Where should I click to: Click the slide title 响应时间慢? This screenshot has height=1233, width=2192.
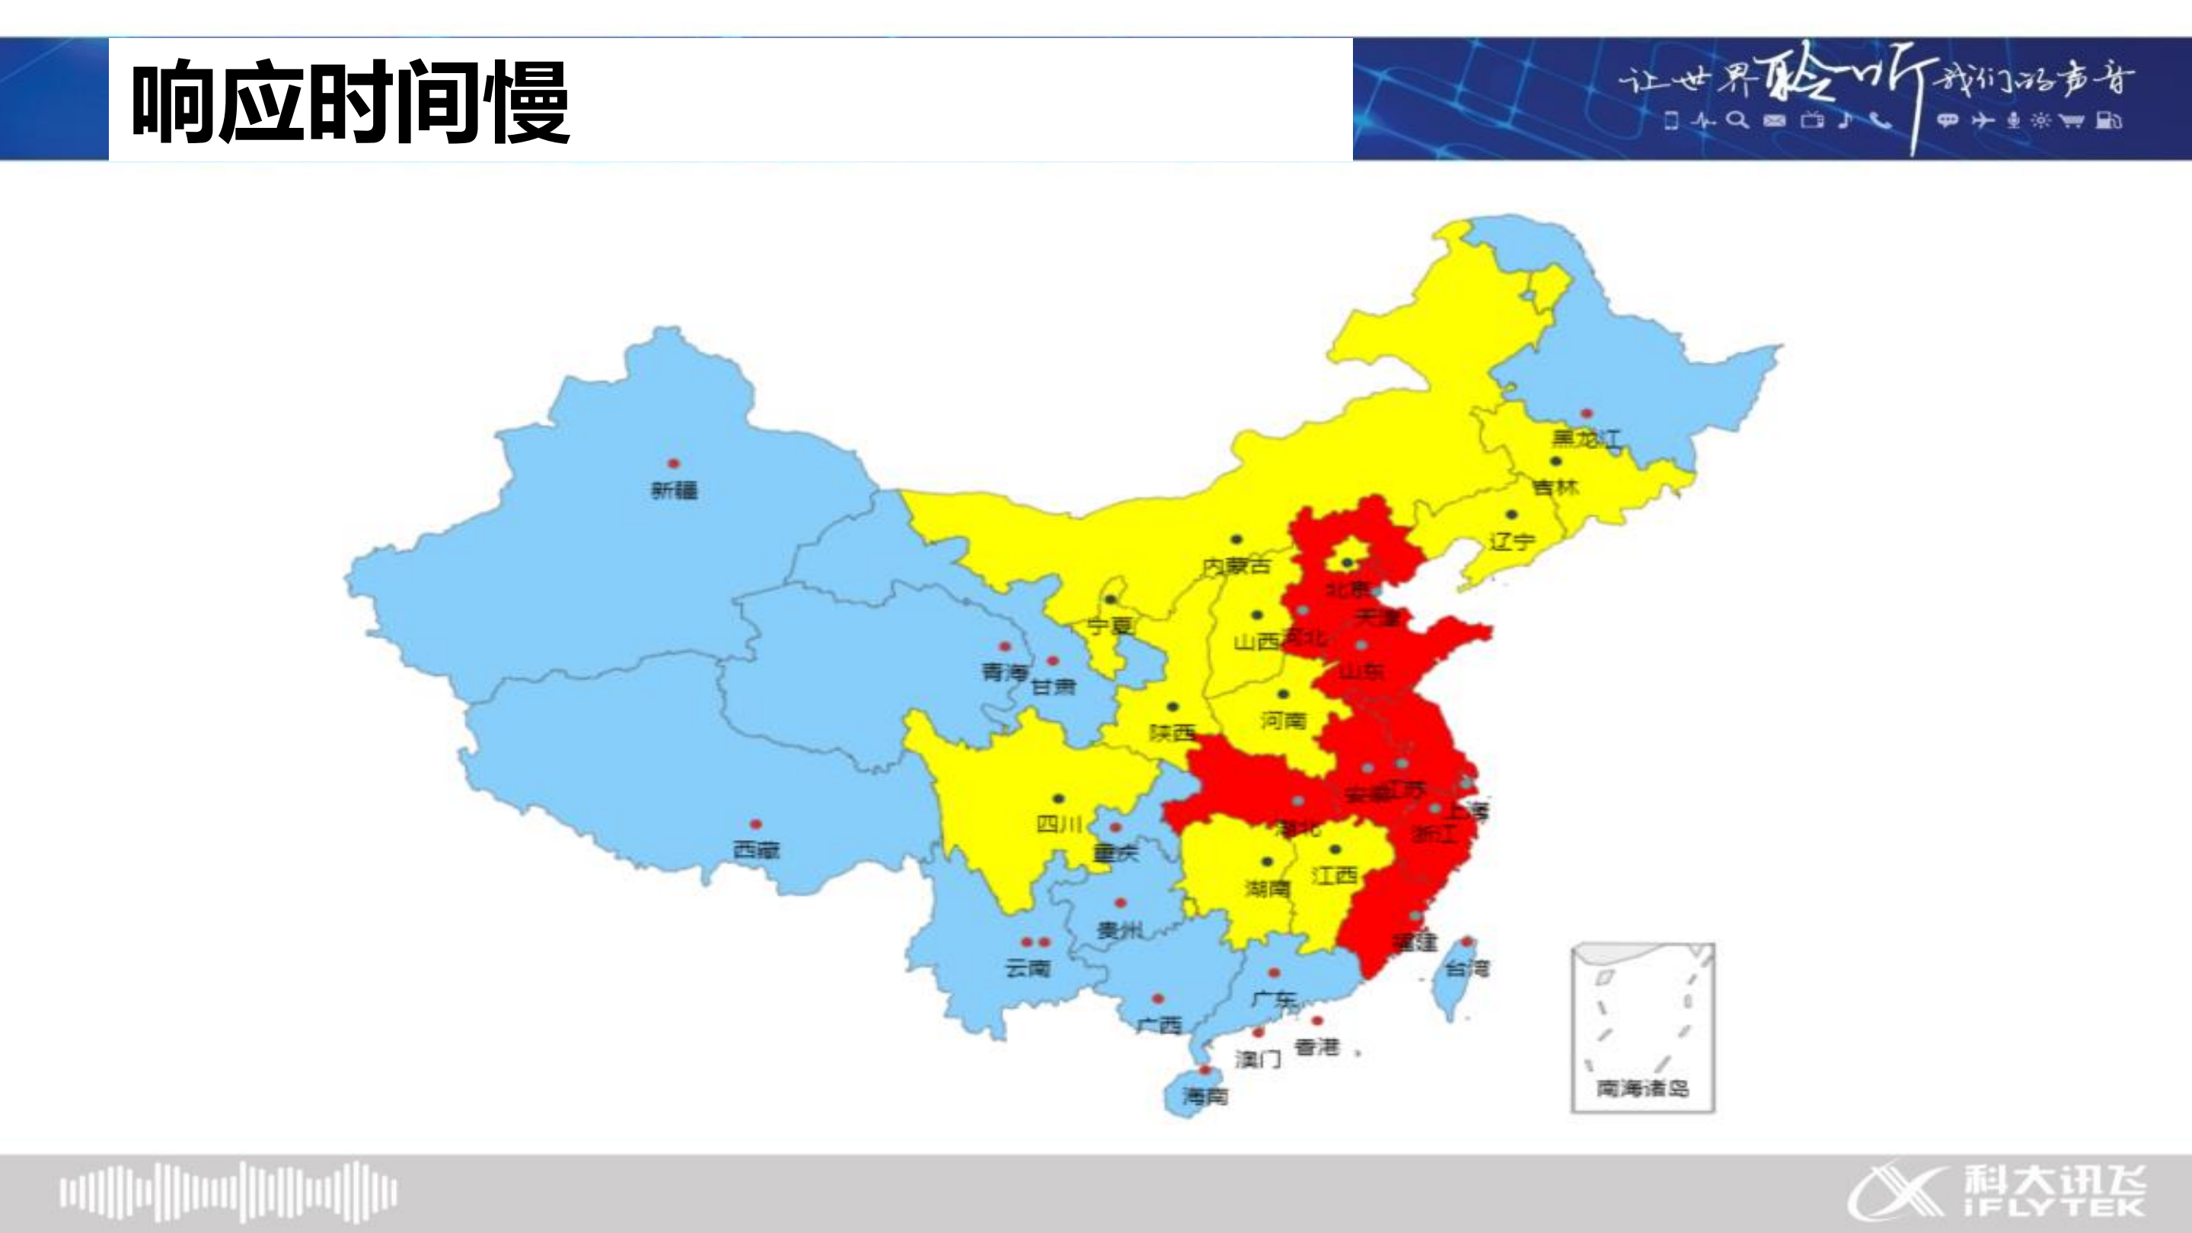pos(349,101)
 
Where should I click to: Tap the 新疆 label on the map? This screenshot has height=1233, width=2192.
pos(674,490)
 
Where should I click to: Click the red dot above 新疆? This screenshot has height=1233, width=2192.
pos(673,464)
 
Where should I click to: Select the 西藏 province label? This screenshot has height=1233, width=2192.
pos(755,850)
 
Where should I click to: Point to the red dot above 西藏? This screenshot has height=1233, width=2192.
pos(755,825)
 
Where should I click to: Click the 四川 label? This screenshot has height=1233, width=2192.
pos(1059,824)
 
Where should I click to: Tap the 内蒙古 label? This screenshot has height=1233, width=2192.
pos(1236,565)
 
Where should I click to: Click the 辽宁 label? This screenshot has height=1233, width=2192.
pos(1512,540)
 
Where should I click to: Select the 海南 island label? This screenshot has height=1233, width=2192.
pos(1206,1096)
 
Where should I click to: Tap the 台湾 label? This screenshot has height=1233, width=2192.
pos(1468,967)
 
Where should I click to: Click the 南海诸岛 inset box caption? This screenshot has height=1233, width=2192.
pos(1642,1088)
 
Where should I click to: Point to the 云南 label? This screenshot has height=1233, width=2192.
pos(1028,967)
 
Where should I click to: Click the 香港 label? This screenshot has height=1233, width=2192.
pos(1316,1046)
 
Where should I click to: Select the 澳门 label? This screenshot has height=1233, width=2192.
pos(1258,1059)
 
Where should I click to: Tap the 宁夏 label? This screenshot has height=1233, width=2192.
pos(1110,626)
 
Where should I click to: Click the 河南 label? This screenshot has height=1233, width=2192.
pos(1283,720)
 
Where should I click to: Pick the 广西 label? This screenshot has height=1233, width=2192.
pos(1159,1024)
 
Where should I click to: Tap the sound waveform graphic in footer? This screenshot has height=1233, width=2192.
pos(228,1190)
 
